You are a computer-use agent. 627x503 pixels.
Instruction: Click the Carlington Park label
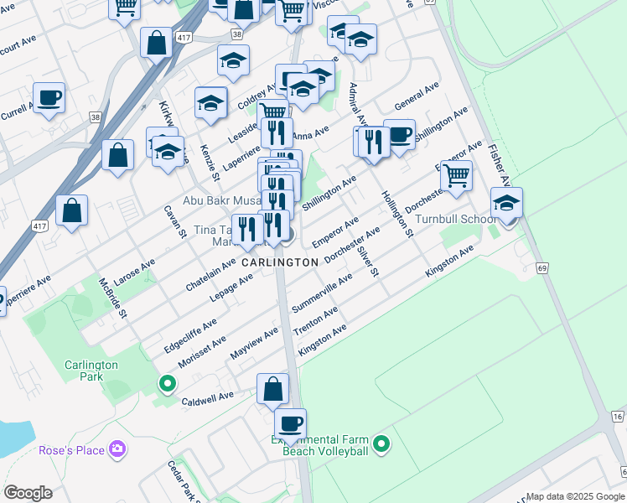[92, 371]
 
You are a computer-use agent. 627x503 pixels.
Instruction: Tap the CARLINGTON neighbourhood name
[280, 262]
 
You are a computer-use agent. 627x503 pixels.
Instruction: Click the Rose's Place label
[72, 451]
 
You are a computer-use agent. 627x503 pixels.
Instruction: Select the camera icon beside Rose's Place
[118, 451]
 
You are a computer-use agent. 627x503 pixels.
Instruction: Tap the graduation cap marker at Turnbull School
[506, 204]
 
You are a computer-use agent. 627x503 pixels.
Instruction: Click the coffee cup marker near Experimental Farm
[290, 425]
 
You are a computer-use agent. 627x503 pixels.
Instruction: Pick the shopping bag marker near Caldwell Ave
[272, 390]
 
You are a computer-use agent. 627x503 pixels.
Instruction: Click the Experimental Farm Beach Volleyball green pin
[381, 443]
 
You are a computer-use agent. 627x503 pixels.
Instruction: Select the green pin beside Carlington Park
[167, 385]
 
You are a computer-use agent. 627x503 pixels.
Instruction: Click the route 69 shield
[542, 268]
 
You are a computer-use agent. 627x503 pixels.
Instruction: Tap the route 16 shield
[617, 417]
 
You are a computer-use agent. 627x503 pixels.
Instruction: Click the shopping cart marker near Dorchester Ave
[456, 176]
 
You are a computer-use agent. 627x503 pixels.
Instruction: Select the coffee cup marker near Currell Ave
[49, 98]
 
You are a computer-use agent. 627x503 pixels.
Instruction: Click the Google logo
[28, 493]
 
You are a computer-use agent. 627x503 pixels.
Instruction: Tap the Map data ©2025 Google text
[574, 496]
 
